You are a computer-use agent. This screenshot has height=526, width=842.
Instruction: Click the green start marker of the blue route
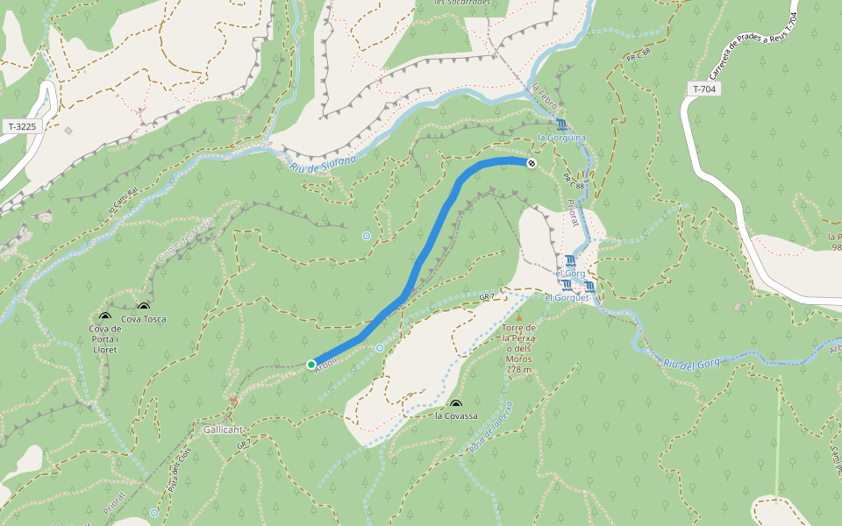(310, 364)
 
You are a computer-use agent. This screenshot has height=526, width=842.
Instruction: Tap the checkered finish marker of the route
(531, 163)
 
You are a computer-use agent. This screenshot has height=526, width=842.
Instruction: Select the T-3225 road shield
(22, 126)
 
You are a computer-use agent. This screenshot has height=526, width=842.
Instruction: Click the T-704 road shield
(704, 89)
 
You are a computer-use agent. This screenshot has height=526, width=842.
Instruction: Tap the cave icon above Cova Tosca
(144, 308)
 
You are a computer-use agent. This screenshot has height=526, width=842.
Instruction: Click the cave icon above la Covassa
(456, 404)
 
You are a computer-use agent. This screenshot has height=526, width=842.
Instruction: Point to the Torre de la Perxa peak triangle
(518, 317)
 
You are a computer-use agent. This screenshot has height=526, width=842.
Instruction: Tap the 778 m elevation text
(518, 369)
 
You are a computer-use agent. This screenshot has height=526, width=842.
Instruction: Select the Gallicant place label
(222, 430)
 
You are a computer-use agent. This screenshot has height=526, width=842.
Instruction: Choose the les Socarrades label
(461, 3)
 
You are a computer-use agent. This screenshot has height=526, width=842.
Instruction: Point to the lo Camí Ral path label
(123, 201)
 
